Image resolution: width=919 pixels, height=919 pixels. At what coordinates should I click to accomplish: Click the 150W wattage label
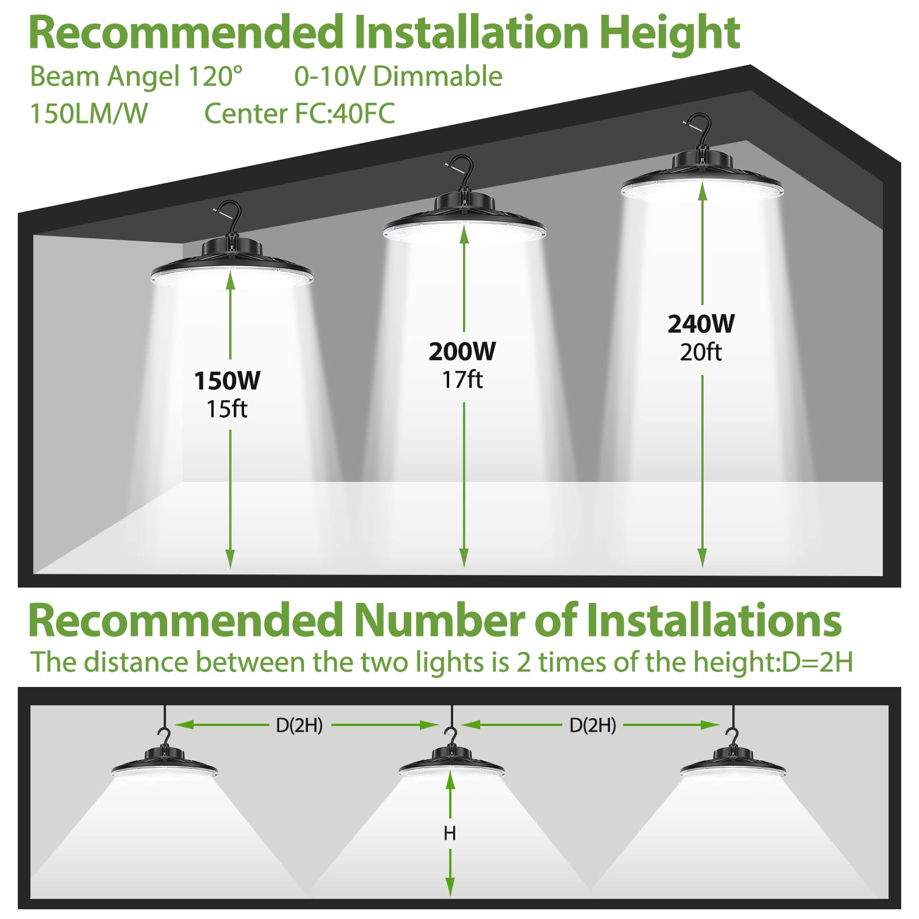click(x=227, y=381)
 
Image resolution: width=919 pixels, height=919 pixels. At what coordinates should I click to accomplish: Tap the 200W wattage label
click(x=462, y=352)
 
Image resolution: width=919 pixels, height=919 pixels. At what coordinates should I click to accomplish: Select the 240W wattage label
click(x=701, y=325)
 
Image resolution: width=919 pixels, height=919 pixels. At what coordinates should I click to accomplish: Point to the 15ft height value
click(x=227, y=410)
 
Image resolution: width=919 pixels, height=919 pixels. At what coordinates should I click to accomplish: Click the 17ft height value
click(x=462, y=380)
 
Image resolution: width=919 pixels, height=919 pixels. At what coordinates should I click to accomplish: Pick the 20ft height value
click(x=701, y=353)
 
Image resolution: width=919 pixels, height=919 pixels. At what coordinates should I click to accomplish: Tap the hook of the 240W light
click(x=700, y=126)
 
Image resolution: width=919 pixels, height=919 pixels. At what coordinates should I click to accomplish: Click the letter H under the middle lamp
click(x=450, y=833)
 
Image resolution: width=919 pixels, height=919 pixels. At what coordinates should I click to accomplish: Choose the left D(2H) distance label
click(x=299, y=725)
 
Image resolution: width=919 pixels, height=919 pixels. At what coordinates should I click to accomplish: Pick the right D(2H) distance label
click(x=593, y=725)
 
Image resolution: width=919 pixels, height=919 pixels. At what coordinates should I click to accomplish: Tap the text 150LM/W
click(x=89, y=114)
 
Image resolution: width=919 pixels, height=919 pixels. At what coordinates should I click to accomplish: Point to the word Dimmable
click(x=438, y=76)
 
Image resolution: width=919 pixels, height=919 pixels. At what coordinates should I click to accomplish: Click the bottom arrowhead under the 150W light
click(x=230, y=560)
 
